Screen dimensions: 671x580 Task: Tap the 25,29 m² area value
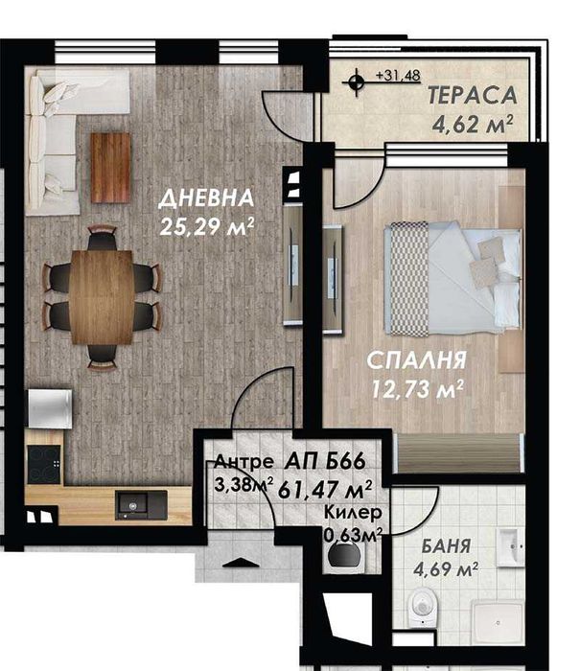pos(208,227)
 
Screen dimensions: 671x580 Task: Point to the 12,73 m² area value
pos(419,388)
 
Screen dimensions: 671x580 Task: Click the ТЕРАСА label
pos(473,96)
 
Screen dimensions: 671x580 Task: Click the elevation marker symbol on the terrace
pos(357,82)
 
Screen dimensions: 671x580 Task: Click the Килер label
pos(345,513)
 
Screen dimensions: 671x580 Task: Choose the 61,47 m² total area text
pos(324,488)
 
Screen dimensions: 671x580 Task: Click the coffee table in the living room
pos(110,167)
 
